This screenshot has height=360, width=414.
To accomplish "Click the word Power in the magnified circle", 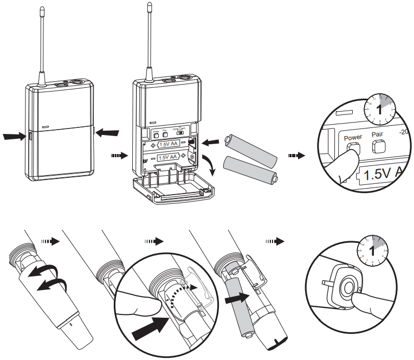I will (352, 138).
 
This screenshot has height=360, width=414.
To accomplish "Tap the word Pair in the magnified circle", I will (377, 133).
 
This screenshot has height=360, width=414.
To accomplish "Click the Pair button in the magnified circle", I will (378, 146).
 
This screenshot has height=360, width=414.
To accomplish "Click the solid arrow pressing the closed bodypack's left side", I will (13, 137).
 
